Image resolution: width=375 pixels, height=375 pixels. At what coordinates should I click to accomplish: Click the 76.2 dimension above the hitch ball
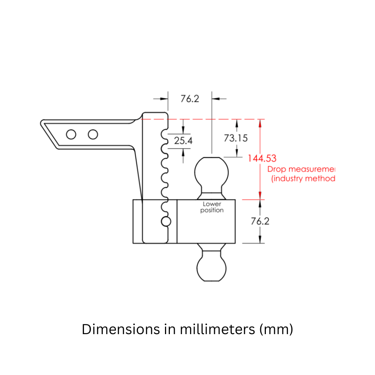pos(190,99)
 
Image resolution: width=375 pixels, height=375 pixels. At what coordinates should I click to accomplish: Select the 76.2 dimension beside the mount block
pos(260,221)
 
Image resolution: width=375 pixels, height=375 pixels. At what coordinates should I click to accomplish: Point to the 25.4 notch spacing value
pos(183,141)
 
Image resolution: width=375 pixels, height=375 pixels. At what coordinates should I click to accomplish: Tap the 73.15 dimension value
pos(236,138)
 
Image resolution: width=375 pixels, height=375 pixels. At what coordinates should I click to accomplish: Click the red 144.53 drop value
pos(262,158)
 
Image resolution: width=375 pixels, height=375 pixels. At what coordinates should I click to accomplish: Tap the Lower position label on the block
pos(212,207)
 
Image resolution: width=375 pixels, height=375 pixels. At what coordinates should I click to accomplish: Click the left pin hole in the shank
pos(70,134)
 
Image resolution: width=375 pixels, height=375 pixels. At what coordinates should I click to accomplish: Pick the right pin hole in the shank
pos(93,134)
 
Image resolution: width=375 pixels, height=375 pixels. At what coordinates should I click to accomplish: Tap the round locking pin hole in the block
pos(166,221)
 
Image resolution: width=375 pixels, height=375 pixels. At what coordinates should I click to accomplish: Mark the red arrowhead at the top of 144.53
pos(260,123)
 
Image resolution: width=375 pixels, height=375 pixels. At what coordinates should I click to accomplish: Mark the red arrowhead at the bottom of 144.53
pos(260,196)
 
